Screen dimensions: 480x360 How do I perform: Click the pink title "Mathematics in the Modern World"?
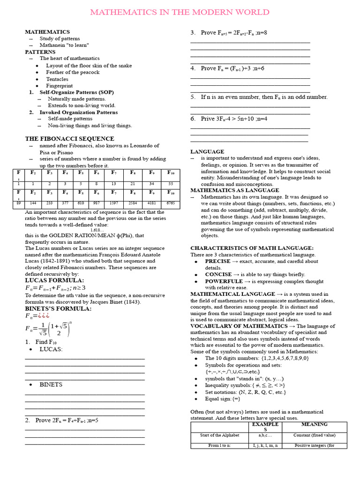point(180,12)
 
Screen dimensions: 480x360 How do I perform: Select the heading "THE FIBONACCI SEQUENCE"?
point(69,139)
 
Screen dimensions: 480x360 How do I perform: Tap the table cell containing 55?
point(171,184)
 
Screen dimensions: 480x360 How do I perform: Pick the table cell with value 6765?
point(171,204)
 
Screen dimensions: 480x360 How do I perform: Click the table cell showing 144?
point(33,204)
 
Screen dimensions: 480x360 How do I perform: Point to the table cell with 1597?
point(114,204)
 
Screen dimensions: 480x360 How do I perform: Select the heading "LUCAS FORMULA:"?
point(48,280)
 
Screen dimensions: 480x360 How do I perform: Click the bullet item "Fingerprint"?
point(59,86)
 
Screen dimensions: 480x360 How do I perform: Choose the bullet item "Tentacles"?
point(57,79)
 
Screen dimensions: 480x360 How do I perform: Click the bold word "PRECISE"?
point(217,262)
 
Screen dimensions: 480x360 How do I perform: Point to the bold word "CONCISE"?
point(218,275)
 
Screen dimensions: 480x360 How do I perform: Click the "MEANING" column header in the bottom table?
point(314,425)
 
